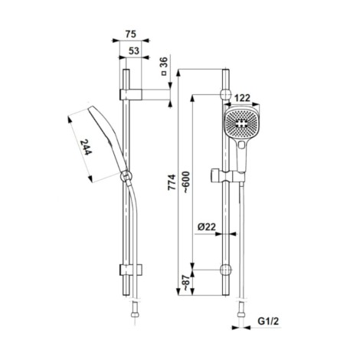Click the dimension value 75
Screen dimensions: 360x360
pos(131,34)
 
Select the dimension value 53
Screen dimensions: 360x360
pos(134,51)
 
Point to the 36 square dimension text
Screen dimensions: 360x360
pos(164,66)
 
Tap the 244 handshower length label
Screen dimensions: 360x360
pos(85,147)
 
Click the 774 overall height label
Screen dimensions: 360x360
pos(172,182)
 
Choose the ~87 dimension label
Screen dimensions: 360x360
pos(188,283)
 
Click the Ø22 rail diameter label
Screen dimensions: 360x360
pos(207,227)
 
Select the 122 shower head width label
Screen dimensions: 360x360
pos(242,98)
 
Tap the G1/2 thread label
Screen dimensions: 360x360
pos(268,322)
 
